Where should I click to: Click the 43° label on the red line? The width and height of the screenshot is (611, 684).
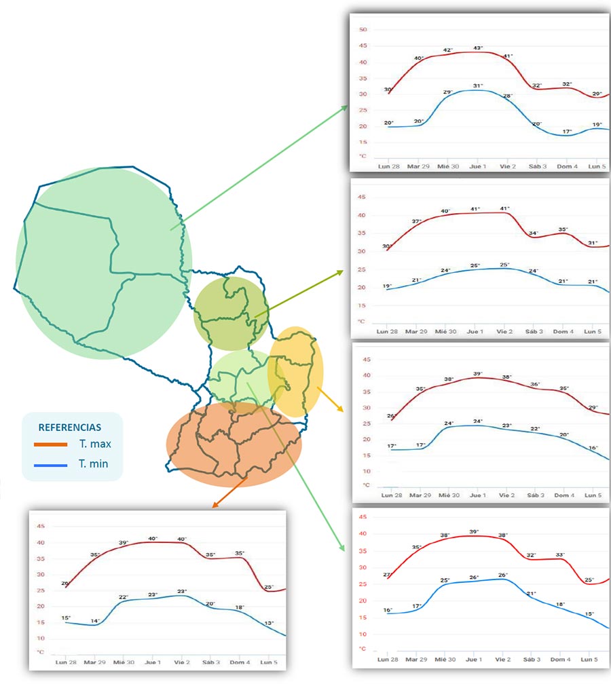(478, 48)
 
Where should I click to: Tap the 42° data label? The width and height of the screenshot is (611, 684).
(448, 50)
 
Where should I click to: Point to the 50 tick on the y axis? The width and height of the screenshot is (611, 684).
(363, 30)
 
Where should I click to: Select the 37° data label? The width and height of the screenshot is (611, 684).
(416, 222)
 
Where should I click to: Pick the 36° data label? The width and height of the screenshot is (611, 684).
(535, 384)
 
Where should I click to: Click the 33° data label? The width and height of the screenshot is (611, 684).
(560, 554)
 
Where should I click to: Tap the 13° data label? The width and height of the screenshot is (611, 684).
(270, 623)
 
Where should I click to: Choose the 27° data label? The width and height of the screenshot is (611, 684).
(388, 575)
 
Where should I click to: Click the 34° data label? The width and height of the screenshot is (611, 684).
(534, 233)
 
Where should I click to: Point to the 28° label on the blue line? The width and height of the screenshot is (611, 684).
(507, 96)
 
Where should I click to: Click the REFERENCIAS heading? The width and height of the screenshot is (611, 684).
(70, 427)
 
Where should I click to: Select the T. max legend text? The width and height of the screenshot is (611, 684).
(94, 444)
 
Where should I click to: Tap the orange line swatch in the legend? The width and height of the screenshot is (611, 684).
(51, 445)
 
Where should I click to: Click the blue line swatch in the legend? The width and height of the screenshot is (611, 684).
(51, 465)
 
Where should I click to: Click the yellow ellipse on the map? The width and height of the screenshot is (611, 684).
(296, 371)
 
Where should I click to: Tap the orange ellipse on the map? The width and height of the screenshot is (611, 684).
(234, 444)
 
